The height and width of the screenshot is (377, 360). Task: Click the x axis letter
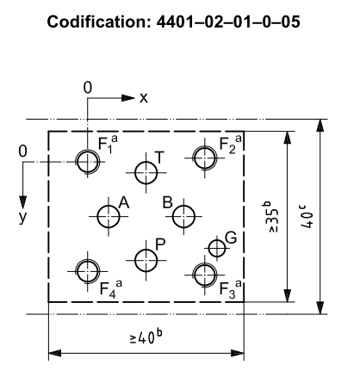click(144, 98)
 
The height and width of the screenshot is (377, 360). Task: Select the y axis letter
click(22, 218)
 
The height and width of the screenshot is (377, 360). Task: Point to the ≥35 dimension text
click(270, 217)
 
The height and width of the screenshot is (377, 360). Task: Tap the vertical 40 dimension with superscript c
click(307, 216)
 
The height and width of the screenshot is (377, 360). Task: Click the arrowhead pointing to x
click(128, 98)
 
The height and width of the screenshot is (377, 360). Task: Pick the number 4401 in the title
click(175, 22)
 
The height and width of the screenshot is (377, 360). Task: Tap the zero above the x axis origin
click(88, 88)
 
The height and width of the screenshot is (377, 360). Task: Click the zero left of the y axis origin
click(22, 151)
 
